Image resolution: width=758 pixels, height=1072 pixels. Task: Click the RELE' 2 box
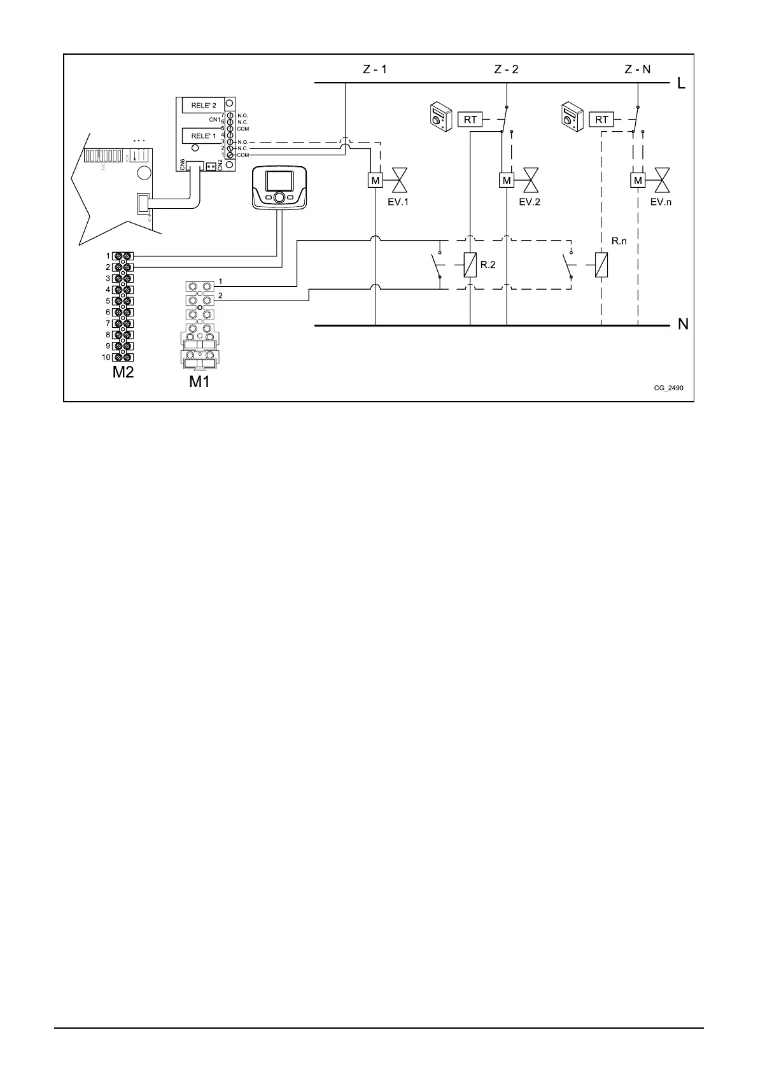click(x=200, y=106)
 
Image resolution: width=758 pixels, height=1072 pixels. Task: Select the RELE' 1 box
click(x=200, y=136)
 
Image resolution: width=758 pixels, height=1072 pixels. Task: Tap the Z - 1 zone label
click(x=375, y=69)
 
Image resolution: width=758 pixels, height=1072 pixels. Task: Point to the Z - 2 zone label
click(x=506, y=69)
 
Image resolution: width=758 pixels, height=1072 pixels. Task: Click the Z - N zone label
click(x=637, y=69)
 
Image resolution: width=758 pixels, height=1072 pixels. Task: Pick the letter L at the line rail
click(x=682, y=83)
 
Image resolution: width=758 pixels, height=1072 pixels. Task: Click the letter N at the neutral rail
click(x=683, y=325)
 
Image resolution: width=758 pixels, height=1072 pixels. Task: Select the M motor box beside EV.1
click(x=375, y=181)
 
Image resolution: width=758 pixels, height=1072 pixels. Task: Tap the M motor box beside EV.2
click(x=507, y=181)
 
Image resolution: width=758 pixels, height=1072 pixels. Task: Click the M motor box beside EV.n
click(x=638, y=181)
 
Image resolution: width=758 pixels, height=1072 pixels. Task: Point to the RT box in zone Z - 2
click(x=470, y=119)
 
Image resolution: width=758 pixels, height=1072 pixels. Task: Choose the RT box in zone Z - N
click(x=601, y=119)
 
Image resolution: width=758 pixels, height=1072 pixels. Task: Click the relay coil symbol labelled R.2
click(x=470, y=264)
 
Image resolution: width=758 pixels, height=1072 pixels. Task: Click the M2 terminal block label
click(x=123, y=372)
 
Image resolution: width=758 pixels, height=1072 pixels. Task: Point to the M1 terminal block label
click(x=199, y=382)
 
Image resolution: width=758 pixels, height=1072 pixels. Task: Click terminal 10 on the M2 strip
click(x=122, y=357)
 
